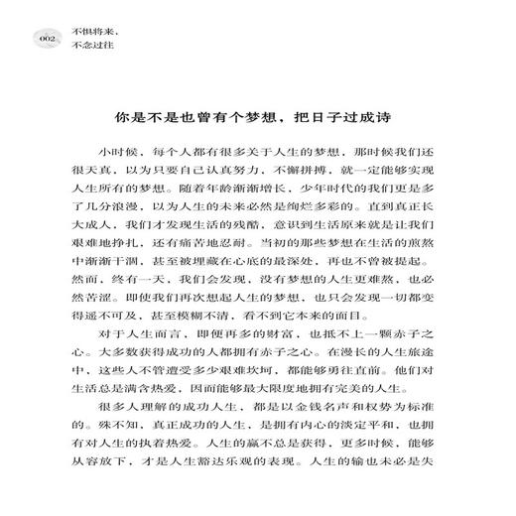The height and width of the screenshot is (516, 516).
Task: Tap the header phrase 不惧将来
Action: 91,31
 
